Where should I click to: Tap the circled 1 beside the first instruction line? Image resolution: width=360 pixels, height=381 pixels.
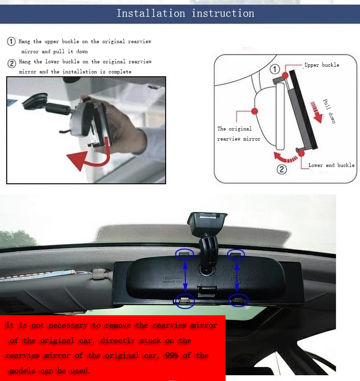tap(11, 42)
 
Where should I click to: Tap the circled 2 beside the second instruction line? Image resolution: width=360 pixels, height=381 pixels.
tap(11, 63)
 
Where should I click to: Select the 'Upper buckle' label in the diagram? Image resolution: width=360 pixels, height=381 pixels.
tap(322, 65)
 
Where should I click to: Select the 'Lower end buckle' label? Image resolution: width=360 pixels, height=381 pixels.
tap(331, 165)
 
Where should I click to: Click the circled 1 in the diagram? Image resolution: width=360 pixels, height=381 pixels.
tap(275, 69)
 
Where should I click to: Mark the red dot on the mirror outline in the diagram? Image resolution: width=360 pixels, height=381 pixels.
tap(255, 111)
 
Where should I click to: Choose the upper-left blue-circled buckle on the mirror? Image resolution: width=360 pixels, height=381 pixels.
tap(184, 253)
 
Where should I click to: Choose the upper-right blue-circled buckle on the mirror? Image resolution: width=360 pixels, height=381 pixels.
tap(236, 253)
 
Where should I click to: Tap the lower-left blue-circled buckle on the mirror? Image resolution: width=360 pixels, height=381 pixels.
tap(184, 300)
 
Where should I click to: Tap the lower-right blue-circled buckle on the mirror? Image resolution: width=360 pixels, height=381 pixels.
tap(238, 300)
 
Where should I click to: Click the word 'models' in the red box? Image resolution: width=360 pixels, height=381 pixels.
tap(24, 371)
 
